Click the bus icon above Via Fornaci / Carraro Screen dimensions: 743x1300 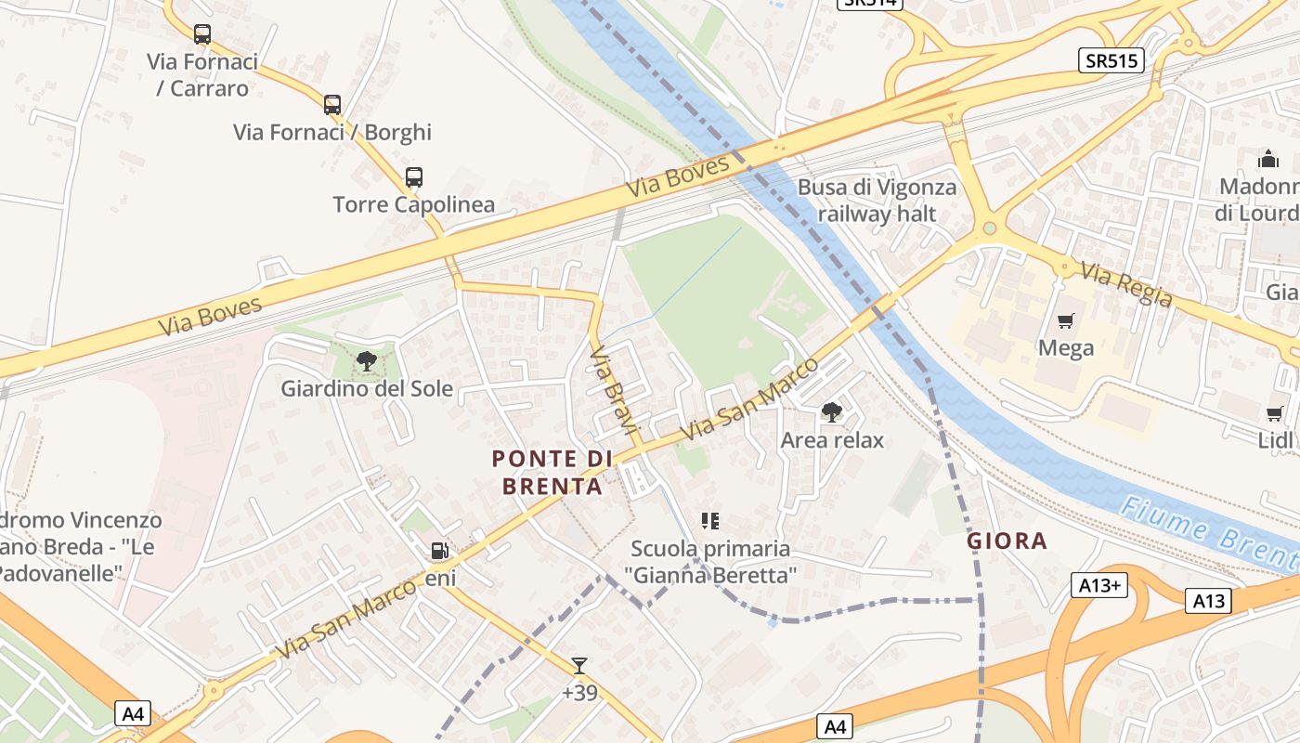(x=201, y=34)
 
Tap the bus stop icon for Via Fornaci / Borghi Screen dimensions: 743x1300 (x=332, y=105)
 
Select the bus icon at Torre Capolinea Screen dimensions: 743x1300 (x=414, y=176)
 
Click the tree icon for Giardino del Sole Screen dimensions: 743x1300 (x=367, y=361)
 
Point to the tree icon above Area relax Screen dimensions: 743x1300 (x=831, y=411)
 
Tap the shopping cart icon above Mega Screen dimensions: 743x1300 (x=1066, y=321)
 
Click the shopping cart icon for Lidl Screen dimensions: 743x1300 (x=1274, y=413)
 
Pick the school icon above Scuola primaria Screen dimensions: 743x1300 (x=711, y=521)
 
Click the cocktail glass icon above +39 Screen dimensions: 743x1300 (x=579, y=665)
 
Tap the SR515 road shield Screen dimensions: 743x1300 (x=1111, y=60)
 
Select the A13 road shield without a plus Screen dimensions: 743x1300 (x=1209, y=601)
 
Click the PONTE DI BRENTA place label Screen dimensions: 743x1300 (x=552, y=472)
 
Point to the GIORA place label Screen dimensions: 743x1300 (x=1007, y=541)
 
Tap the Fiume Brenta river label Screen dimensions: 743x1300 (x=1208, y=533)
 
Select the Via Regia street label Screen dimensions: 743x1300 (x=1125, y=283)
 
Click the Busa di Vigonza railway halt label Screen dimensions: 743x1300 (x=877, y=201)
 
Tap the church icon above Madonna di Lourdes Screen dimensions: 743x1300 (x=1268, y=159)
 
